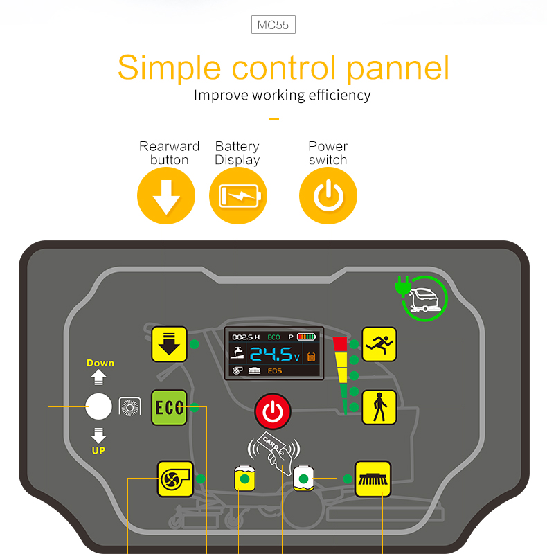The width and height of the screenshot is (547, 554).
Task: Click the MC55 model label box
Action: (273, 25)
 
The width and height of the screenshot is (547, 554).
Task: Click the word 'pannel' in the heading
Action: (398, 69)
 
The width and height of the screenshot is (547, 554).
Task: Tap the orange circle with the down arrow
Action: (166, 196)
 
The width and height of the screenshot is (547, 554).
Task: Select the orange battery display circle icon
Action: (238, 196)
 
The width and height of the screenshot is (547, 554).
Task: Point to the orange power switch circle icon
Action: (328, 196)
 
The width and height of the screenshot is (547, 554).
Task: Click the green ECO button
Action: (169, 407)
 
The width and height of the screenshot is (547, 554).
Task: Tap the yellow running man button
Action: (379, 344)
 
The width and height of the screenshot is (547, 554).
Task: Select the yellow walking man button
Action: (379, 407)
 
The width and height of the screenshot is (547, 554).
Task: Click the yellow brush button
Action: (373, 479)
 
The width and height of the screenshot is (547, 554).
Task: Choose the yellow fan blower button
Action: (175, 479)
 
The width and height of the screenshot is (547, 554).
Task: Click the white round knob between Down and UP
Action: (98, 406)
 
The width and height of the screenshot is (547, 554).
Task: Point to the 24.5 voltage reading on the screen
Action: (275, 354)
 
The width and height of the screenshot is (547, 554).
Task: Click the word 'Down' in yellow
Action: (100, 363)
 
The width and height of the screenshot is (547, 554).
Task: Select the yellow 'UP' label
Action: (98, 451)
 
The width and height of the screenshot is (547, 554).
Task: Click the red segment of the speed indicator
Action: (340, 344)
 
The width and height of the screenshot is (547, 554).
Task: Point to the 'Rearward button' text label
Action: (169, 153)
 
